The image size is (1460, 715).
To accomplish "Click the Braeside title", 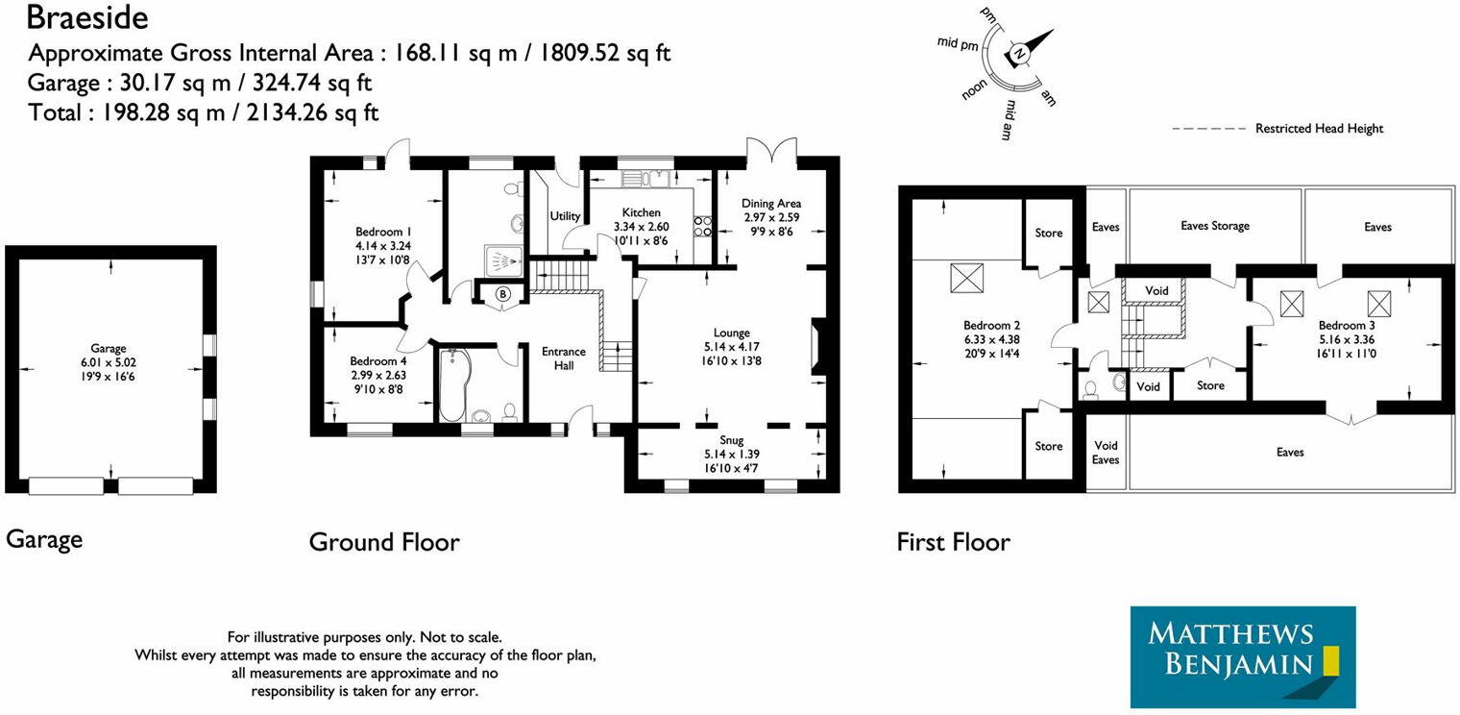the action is click(87, 18).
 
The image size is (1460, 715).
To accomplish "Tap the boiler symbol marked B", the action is click(502, 294).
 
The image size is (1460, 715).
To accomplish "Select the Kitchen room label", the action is click(642, 212).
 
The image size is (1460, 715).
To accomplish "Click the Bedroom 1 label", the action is click(383, 232).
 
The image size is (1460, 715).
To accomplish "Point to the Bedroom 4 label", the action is click(378, 360).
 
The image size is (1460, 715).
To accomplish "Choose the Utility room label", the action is click(565, 216).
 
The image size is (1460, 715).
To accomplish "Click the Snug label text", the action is click(731, 440).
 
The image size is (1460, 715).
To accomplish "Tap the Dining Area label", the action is click(771, 204).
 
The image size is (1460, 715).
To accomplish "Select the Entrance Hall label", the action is click(564, 358).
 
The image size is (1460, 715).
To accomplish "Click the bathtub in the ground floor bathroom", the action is click(452, 385).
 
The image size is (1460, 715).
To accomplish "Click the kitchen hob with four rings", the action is click(703, 227).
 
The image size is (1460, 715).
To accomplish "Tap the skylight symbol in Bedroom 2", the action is click(967, 279).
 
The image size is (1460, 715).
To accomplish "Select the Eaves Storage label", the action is click(1215, 226).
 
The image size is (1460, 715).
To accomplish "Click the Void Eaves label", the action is click(1106, 452).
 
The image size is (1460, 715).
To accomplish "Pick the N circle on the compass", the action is click(1020, 54).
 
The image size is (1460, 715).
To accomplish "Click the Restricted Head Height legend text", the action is click(1319, 129).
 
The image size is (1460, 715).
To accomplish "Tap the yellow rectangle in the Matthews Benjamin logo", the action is click(1331, 659).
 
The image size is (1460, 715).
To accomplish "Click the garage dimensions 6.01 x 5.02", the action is click(109, 362).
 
